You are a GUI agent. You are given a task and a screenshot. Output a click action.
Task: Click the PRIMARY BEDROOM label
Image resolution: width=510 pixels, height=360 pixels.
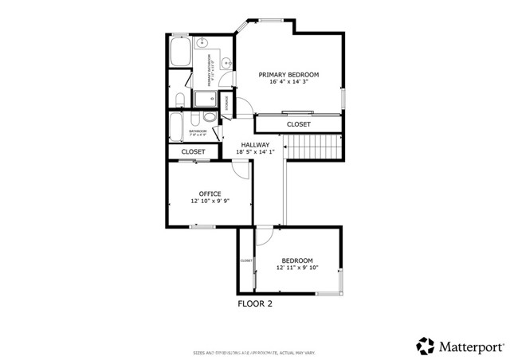pos(294,74)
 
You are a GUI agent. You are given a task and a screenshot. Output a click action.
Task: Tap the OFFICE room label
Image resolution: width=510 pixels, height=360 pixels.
pos(210,194)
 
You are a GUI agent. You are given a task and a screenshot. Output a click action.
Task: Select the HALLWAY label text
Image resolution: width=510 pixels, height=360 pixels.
pos(255,145)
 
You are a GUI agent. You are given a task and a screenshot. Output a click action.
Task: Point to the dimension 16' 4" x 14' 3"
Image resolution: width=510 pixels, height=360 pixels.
pos(294,81)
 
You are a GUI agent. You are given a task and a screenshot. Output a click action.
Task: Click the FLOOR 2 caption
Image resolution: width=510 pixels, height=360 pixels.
pos(255,303)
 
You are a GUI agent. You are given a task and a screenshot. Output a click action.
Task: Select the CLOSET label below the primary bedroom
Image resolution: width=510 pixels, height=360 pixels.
pos(298,124)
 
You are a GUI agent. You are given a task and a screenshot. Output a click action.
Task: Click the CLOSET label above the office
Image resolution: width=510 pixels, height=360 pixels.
pos(193,151)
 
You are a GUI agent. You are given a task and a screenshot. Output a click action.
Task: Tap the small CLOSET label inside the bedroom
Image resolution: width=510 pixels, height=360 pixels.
pos(246,260)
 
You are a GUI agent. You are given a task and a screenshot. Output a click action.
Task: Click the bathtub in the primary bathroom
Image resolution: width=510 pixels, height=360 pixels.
pos(179,56)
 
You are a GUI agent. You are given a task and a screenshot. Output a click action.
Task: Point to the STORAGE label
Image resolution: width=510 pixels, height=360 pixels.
pos(227,102)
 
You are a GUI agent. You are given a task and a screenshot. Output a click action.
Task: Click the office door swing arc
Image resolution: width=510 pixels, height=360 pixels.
pos(241,169)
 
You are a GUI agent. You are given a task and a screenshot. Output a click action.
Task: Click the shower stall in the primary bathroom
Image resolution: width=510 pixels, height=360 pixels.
pos(206,98)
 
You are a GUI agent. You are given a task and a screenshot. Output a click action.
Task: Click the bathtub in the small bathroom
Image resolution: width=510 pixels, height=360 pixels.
pos(177,127)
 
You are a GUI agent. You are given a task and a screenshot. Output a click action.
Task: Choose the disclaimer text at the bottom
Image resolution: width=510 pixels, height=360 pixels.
pos(255,351)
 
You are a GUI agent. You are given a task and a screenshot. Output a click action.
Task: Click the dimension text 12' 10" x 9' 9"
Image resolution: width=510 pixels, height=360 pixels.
pos(210,202)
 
